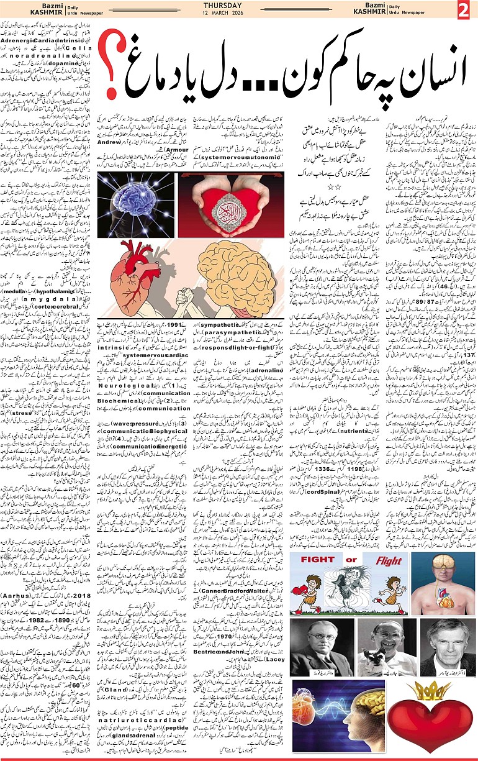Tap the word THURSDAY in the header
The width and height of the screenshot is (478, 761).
239,6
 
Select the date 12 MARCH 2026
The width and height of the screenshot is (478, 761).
239,13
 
